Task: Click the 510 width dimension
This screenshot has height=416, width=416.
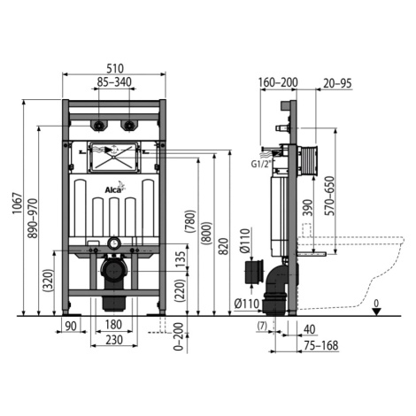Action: coord(115,68)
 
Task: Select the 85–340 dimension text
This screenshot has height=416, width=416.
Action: coord(114,82)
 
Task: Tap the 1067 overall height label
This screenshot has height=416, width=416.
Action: coord(17,204)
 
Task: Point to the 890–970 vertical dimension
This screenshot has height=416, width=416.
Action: coord(33,219)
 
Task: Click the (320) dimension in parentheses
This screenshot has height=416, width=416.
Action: coord(48,281)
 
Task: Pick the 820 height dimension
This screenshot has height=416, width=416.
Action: coord(224,246)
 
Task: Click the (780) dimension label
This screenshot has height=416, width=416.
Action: coord(190,220)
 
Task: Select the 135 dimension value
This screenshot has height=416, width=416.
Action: coord(181,258)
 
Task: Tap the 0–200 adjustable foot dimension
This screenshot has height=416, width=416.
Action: coord(179,336)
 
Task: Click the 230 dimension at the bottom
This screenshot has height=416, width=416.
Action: coord(114,340)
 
